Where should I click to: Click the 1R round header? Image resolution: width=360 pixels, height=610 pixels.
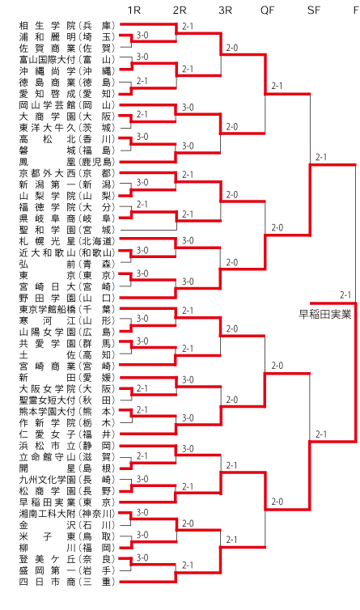[133, 11]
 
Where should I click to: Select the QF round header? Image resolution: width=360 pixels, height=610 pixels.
[268, 11]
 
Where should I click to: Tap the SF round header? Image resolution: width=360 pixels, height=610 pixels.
[314, 11]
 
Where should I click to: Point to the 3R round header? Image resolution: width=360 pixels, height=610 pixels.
[226, 11]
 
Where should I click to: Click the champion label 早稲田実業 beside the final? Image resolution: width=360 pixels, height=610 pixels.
[325, 314]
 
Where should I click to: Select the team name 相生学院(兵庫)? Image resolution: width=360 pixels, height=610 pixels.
[67, 26]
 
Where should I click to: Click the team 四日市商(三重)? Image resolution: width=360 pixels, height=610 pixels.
[67, 582]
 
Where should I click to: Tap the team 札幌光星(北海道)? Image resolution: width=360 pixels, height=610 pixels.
[67, 241]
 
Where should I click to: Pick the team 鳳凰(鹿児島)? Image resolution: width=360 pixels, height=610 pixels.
[67, 162]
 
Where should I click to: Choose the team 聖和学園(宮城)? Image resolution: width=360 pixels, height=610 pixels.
[67, 230]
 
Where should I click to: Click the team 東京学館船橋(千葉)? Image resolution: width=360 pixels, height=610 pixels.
[67, 309]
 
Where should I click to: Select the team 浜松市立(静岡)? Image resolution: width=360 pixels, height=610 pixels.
[67, 446]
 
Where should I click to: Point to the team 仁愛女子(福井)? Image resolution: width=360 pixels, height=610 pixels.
[67, 434]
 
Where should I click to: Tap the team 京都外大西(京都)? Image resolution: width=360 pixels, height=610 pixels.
[67, 173]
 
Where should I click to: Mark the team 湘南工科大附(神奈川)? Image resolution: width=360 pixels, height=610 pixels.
[67, 514]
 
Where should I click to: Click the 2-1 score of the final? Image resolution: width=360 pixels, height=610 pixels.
[345, 294]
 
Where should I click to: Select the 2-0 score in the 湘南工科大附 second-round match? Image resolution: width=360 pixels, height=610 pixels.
[188, 523]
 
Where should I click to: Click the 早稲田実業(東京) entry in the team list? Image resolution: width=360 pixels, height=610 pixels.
[67, 502]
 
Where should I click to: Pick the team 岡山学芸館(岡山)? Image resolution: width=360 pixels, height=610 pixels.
[67, 105]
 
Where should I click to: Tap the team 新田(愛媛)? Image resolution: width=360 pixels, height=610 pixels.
[67, 377]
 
